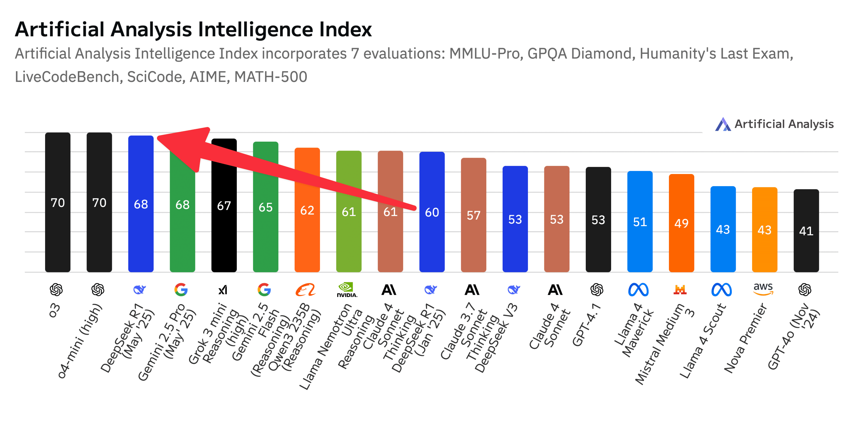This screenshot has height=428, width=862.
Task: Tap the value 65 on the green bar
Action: [265, 207]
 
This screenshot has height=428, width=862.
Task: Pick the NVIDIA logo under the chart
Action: [347, 289]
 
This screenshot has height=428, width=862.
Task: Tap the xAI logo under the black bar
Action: [223, 289]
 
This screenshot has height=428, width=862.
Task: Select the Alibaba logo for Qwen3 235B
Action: [305, 289]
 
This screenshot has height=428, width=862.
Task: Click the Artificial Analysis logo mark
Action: [723, 124]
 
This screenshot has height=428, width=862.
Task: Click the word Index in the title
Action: [345, 29]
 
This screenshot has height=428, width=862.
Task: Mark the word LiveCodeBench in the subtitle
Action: [67, 77]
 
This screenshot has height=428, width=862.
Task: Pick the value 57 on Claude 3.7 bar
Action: [474, 215]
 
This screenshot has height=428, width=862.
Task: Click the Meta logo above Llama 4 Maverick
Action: [638, 289]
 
